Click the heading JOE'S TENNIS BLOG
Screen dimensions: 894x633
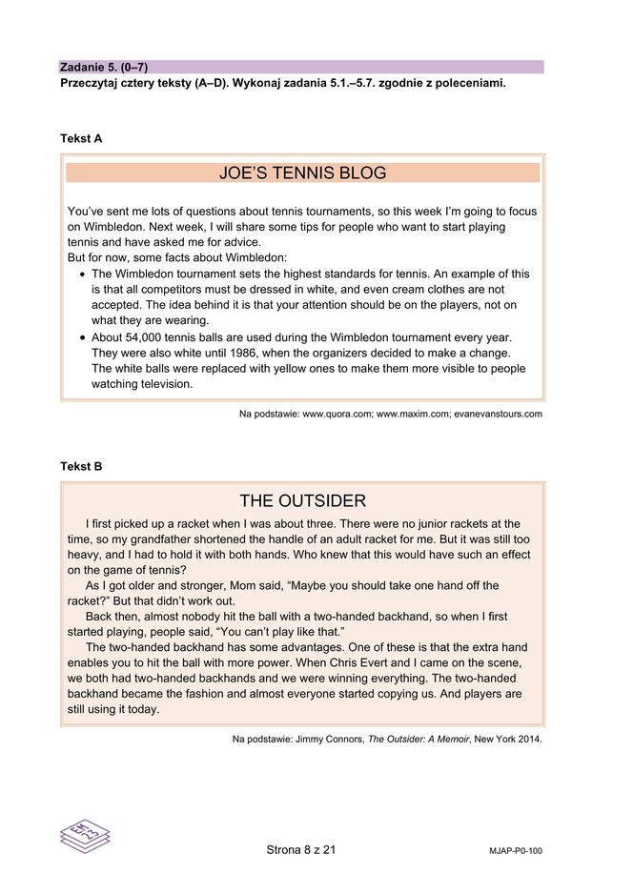point(302,173)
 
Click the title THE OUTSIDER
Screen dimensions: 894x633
point(302,501)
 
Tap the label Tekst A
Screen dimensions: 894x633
point(81,139)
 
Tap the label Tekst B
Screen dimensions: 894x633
point(81,467)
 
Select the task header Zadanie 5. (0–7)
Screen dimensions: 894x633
point(104,67)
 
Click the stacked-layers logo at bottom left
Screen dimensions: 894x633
point(85,836)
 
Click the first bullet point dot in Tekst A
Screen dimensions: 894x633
point(81,274)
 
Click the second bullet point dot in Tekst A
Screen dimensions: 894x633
point(81,338)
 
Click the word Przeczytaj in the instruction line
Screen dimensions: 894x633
point(90,83)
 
